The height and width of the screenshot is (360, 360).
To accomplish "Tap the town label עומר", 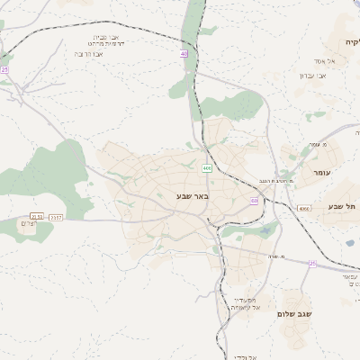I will [x=319, y=172].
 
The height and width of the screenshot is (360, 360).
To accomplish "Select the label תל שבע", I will [x=346, y=208].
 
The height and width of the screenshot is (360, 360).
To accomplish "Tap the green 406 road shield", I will [x=208, y=167].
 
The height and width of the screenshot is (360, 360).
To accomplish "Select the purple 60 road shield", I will [x=255, y=201].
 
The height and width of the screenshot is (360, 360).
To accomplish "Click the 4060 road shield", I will [x=304, y=209].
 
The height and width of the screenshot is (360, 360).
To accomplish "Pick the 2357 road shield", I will [x=57, y=216].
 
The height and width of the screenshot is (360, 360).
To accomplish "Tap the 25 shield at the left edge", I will [x=4, y=69].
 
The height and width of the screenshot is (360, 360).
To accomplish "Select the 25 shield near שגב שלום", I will [x=312, y=264].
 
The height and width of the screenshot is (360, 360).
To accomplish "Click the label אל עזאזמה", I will [x=246, y=308].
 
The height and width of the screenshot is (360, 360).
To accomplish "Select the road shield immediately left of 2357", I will [x=36, y=216].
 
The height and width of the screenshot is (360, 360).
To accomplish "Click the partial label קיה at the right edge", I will [x=350, y=42].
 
